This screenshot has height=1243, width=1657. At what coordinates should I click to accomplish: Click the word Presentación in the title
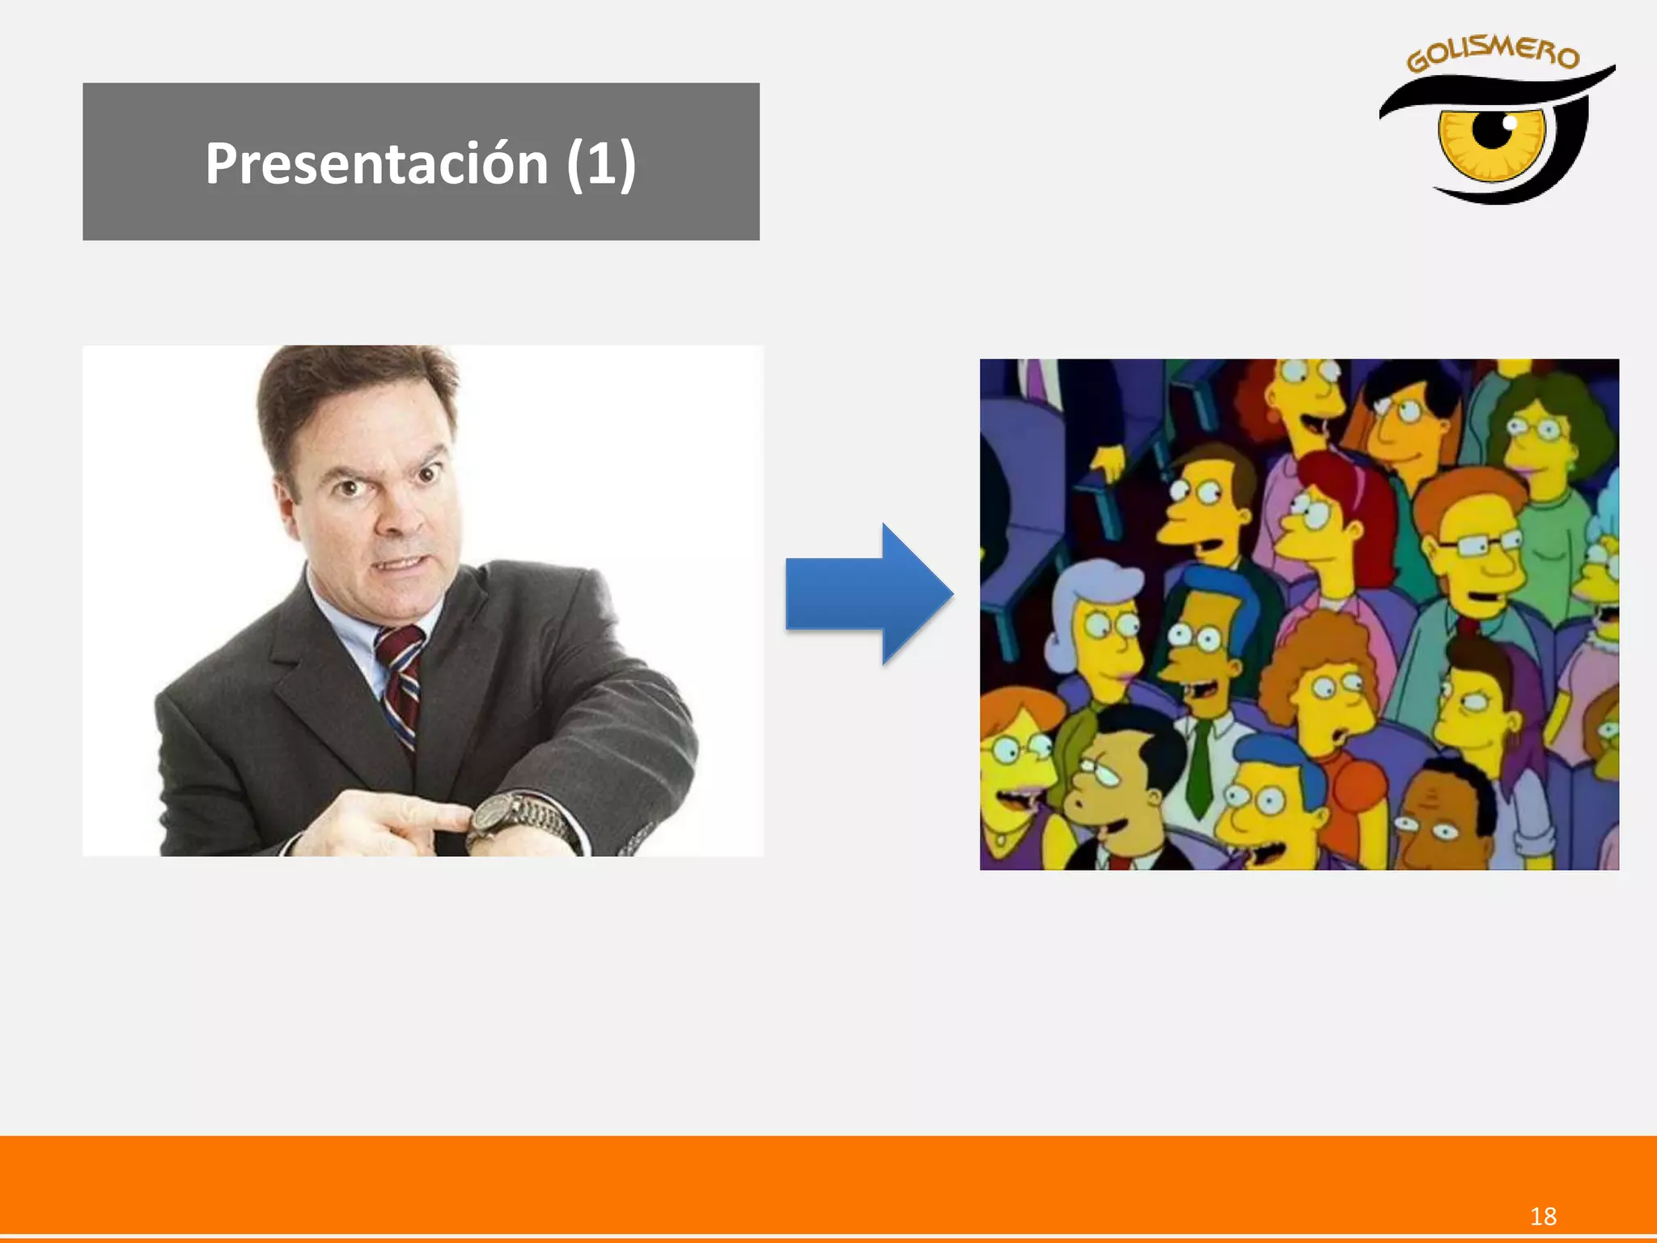[376, 163]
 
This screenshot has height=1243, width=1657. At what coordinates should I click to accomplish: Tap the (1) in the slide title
[601, 163]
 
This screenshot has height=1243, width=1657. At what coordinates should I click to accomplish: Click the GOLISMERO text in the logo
[1493, 54]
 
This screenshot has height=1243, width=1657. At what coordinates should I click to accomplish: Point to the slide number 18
[1543, 1216]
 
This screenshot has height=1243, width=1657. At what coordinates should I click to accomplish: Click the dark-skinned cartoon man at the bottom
[1444, 817]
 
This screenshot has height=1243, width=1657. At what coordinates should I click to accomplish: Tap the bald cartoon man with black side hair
[1117, 777]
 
